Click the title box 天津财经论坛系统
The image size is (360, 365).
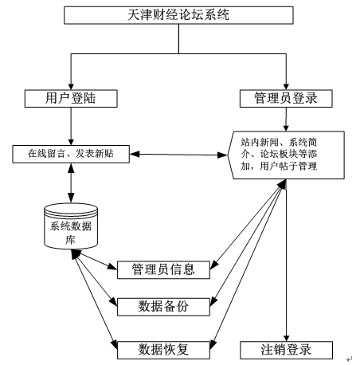point(178,15)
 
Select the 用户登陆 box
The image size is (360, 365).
point(71,99)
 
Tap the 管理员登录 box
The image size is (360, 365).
point(286,99)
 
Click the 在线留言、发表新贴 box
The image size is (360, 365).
point(71,154)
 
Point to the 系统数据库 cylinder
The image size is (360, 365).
point(71,226)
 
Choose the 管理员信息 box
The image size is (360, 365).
point(163,270)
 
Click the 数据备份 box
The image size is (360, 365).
point(163,307)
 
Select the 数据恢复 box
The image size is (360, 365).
point(163,350)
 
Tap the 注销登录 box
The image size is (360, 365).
point(286,350)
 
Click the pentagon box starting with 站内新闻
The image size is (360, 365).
point(286,155)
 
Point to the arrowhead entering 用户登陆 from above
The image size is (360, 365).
point(71,86)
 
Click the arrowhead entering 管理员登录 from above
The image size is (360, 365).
point(286,86)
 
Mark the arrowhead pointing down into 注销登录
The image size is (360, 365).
point(286,338)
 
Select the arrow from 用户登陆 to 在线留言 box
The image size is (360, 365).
point(71,126)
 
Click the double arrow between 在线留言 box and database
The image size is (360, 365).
point(71,183)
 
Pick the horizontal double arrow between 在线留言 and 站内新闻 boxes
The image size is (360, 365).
point(178,155)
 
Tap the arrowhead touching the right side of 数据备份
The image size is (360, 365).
point(213,302)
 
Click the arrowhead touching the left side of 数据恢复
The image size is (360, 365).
point(114,344)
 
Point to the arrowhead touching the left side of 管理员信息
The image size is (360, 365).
point(112,266)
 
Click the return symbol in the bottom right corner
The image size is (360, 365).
point(350,359)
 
